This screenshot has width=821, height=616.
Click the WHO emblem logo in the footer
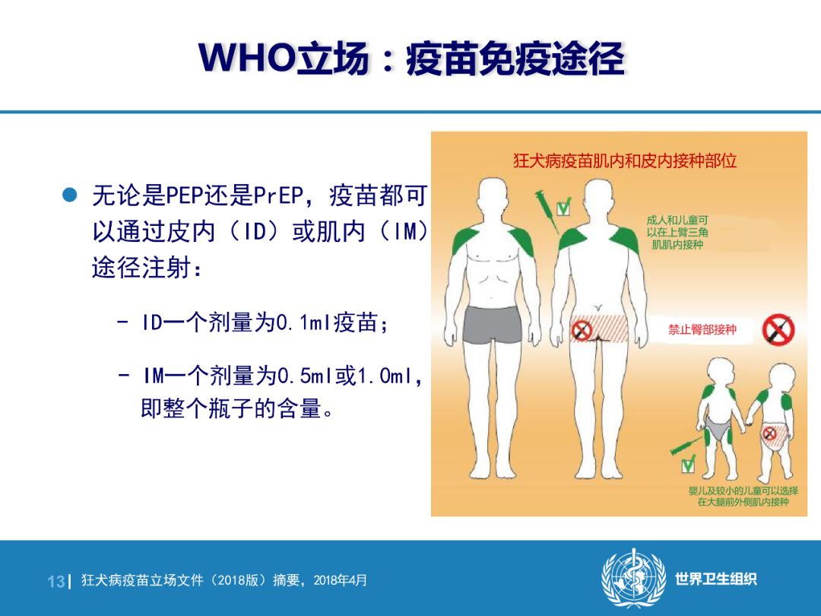tap(634, 578)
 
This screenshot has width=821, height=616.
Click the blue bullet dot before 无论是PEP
tap(70, 195)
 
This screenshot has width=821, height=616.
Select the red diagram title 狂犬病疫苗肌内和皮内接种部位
tap(625, 160)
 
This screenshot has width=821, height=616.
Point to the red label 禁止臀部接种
tap(702, 329)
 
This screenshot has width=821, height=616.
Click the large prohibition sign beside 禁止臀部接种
tap(778, 329)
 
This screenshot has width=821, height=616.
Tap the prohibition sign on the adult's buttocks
tap(582, 331)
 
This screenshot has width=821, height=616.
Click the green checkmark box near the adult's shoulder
tap(563, 208)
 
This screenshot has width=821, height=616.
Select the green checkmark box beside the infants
tap(688, 464)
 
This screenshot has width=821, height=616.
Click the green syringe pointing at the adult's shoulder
tap(547, 211)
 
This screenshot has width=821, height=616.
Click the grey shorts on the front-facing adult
tap(492, 325)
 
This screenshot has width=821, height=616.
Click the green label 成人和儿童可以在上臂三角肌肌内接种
tap(677, 232)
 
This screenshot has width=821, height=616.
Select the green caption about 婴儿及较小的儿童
tap(743, 496)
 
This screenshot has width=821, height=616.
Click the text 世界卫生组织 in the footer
tap(716, 579)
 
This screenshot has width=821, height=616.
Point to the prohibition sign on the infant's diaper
tap(769, 433)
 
